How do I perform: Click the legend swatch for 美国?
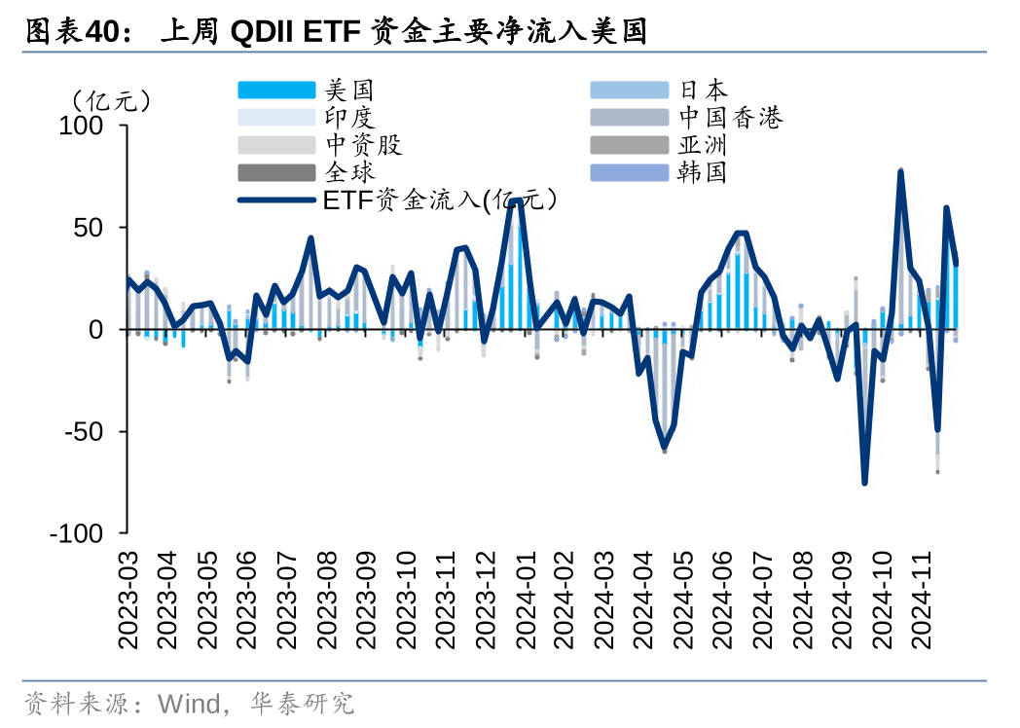click(x=276, y=91)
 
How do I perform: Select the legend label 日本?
click(x=703, y=91)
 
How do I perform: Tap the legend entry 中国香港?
click(x=730, y=119)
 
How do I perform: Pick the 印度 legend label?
click(x=349, y=119)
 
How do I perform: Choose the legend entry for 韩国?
click(x=703, y=173)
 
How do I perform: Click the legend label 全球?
click(x=349, y=173)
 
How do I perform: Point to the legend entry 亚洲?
click(x=703, y=146)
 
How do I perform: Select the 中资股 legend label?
click(x=363, y=146)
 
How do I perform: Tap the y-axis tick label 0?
click(x=108, y=330)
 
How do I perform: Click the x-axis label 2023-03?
click(x=129, y=601)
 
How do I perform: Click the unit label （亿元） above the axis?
click(x=109, y=99)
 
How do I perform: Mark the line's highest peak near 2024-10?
click(x=900, y=171)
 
